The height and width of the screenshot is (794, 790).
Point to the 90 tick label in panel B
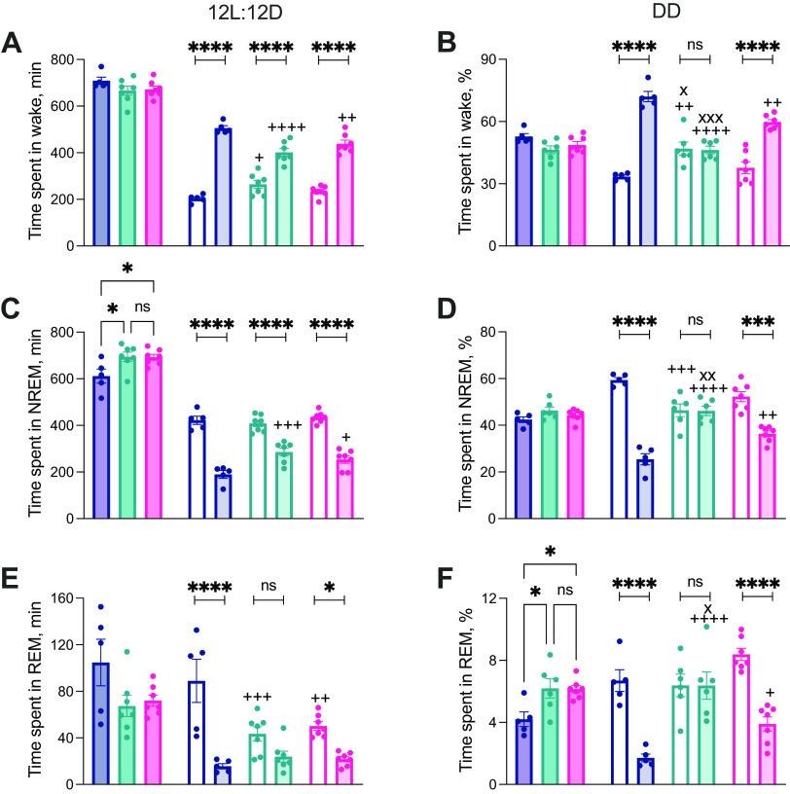coord(464,60)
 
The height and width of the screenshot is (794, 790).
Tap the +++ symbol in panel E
coord(258,696)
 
